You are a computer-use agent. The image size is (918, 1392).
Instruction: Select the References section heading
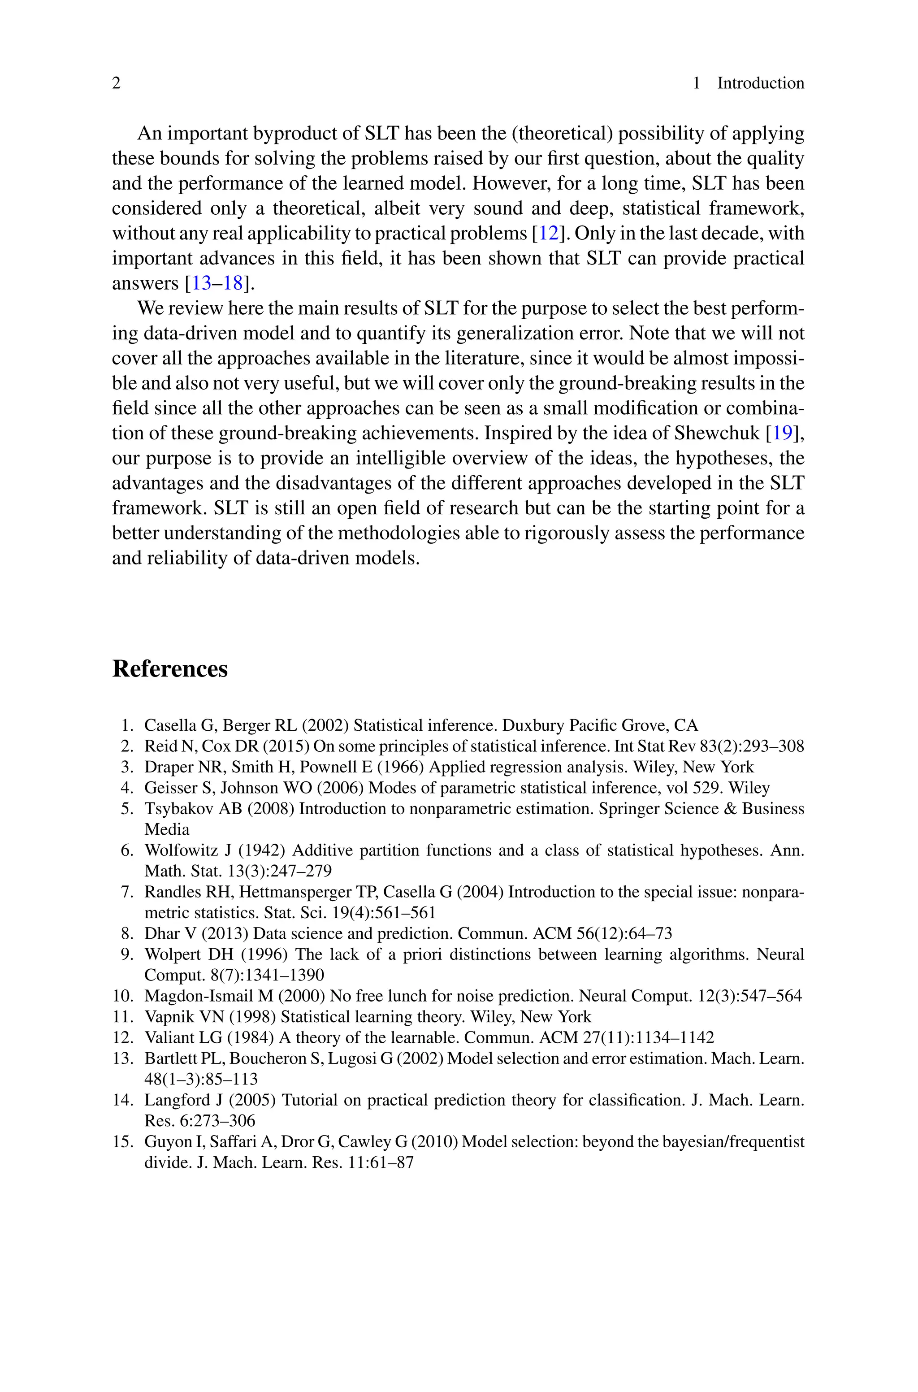click(x=170, y=668)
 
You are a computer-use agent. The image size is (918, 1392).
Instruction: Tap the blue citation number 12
click(x=549, y=234)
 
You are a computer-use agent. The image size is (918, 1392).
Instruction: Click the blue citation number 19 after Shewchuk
click(x=783, y=433)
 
